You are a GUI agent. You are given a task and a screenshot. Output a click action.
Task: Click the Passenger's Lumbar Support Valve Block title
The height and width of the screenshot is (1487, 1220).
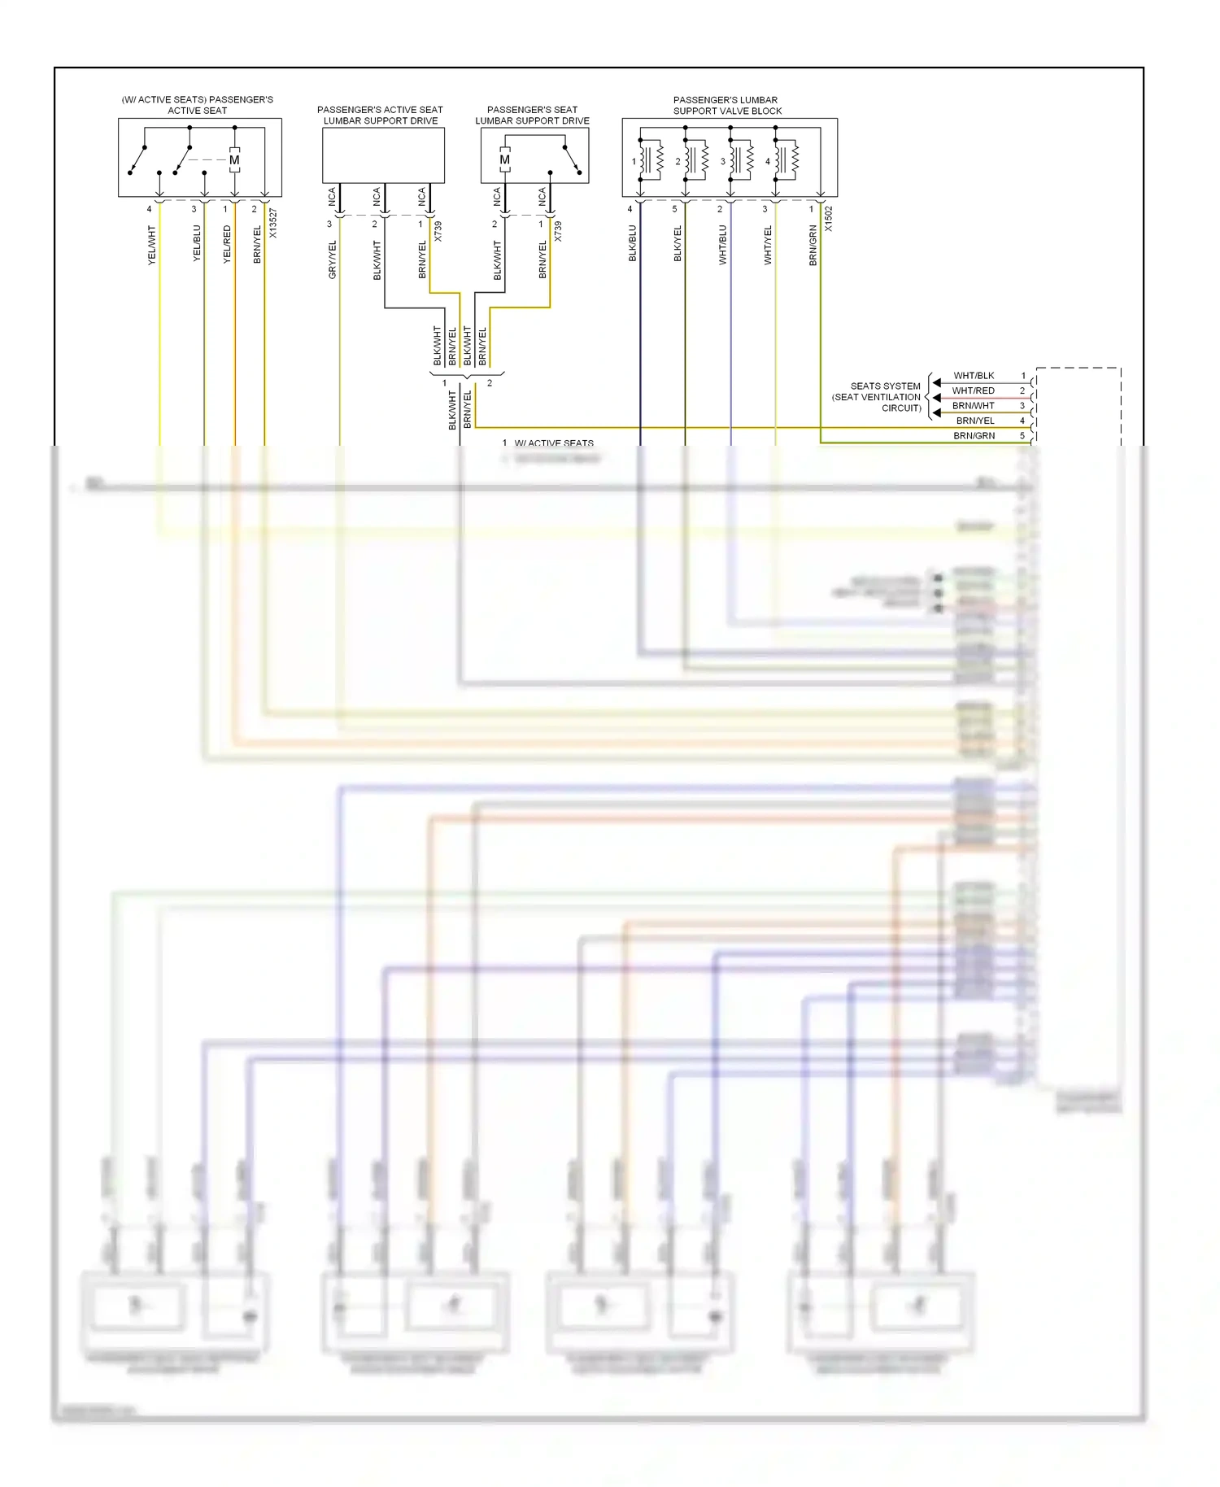point(727,106)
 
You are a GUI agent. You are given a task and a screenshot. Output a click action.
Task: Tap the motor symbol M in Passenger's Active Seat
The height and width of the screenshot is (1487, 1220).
point(234,160)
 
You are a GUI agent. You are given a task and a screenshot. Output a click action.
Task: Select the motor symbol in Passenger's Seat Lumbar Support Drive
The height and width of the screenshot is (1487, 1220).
point(505,160)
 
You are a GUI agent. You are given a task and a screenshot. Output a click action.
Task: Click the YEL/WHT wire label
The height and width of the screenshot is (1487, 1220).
point(151,245)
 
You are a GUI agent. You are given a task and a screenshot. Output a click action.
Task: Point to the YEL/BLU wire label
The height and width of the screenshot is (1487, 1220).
point(197,243)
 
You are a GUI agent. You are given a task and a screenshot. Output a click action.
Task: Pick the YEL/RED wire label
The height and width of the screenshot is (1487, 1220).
point(227,244)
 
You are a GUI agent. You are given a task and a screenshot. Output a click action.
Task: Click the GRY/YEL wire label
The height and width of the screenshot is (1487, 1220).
point(332,260)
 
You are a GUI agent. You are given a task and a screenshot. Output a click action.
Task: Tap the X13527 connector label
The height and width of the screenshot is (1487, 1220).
point(273,224)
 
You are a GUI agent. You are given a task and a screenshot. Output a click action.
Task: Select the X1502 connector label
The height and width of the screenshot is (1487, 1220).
point(829,219)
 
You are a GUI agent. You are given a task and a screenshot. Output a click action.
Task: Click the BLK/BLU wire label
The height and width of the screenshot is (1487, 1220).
point(633,243)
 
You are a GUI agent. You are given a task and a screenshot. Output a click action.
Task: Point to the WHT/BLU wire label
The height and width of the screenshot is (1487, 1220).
point(723,245)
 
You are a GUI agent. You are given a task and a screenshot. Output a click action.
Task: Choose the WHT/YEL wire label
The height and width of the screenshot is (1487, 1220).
point(768,246)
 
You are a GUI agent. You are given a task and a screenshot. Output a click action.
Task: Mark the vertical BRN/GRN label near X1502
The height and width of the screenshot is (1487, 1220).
point(813,246)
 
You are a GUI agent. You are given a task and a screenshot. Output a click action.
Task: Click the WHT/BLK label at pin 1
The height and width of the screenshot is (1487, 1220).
point(974,376)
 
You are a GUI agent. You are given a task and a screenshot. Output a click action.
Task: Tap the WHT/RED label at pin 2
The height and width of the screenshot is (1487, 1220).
point(973,390)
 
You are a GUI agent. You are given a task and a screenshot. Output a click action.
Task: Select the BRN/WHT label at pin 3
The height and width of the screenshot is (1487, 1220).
point(973,406)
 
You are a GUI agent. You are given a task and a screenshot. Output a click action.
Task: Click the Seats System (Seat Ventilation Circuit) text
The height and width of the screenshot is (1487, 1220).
point(878,397)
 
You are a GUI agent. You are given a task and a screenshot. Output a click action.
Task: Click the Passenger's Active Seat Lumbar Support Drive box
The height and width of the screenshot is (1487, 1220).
point(383,155)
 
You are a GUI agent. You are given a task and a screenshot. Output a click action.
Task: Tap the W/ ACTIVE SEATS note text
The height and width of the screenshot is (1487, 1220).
point(554,443)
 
